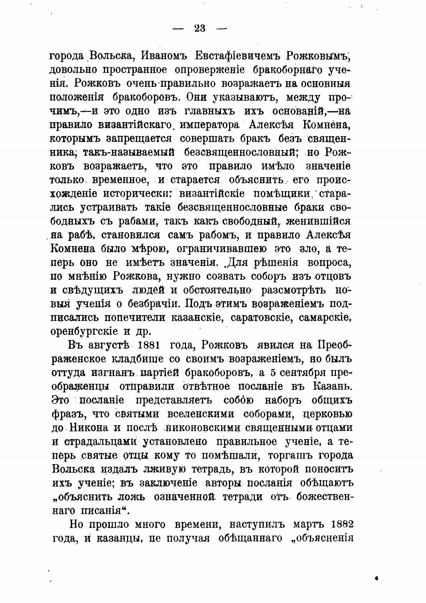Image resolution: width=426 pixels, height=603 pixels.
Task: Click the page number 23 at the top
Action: click(x=200, y=28)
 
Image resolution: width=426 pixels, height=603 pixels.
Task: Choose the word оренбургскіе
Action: click(x=84, y=331)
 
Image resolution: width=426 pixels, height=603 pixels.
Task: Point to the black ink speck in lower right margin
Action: click(x=377, y=578)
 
